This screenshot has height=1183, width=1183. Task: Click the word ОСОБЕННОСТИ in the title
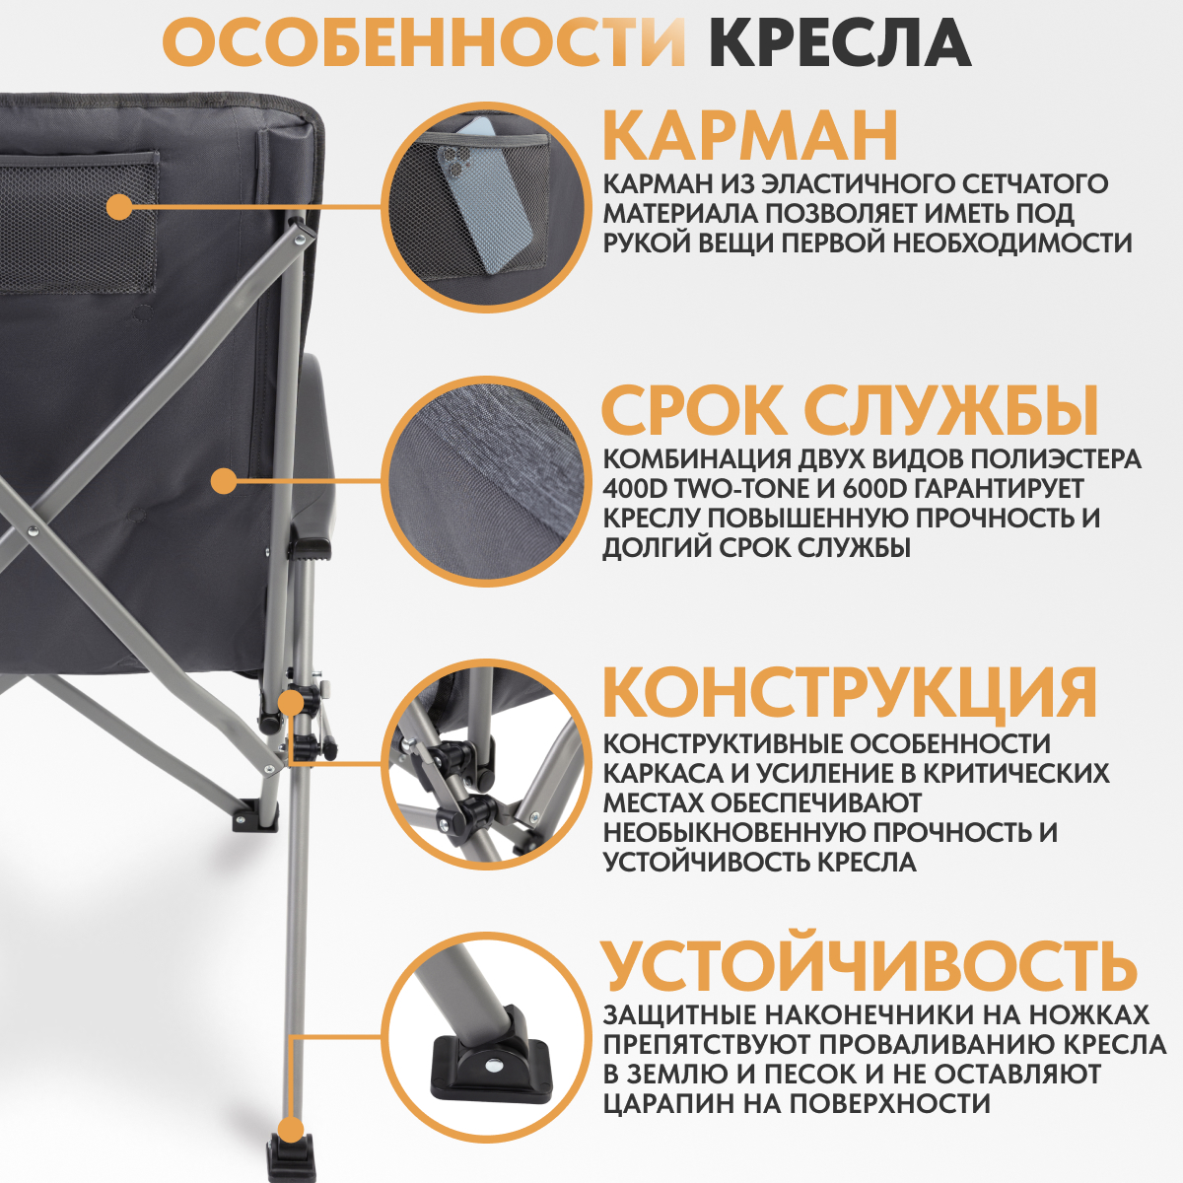click(423, 42)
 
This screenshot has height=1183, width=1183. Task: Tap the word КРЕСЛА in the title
click(839, 42)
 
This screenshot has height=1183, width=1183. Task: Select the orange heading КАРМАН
click(749, 136)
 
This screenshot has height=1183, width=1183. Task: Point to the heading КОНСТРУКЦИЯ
click(849, 692)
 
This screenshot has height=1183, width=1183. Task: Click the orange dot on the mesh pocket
click(119, 207)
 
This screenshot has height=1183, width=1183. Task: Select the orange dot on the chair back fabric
click(225, 481)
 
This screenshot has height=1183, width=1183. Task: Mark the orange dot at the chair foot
click(290, 1131)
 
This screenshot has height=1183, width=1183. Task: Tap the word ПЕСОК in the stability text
click(850, 1075)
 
